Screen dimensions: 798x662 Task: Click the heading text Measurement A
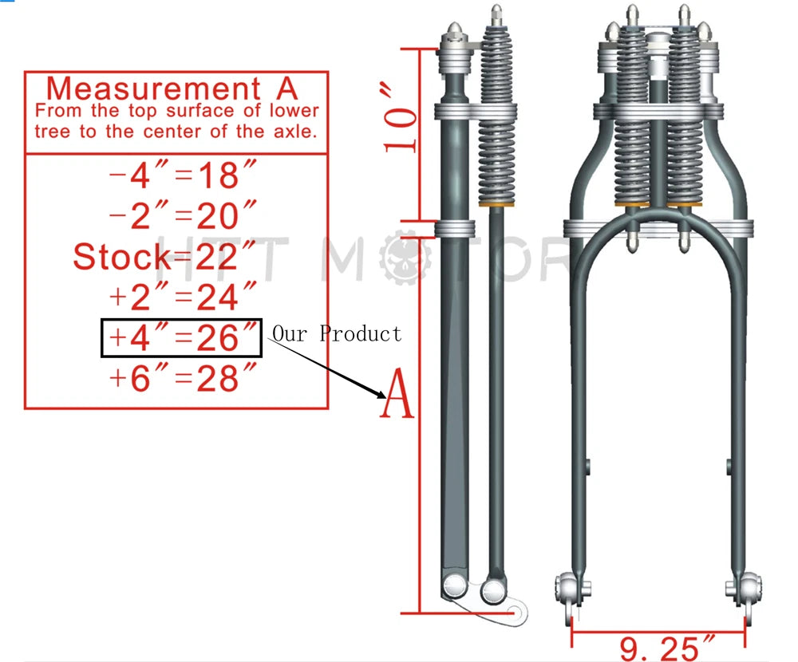point(172,89)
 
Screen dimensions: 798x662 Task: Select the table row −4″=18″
point(183,175)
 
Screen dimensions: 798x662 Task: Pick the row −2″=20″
point(183,215)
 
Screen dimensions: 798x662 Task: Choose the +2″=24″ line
point(183,296)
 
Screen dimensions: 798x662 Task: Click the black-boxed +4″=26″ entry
point(182,338)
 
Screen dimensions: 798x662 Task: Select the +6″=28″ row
point(183,377)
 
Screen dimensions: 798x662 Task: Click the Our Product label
point(337,334)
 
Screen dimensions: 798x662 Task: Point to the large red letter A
point(397,393)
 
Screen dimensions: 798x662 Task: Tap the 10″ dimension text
point(400,119)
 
